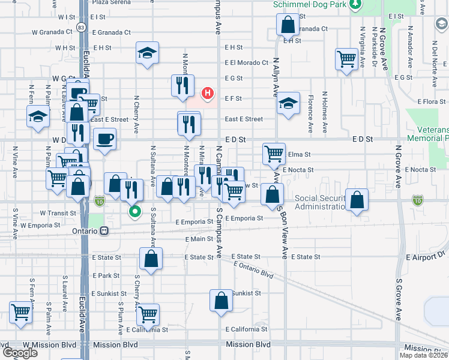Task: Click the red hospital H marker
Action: click(x=208, y=93)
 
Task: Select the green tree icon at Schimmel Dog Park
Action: click(x=356, y=5)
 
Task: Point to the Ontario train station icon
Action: click(x=104, y=230)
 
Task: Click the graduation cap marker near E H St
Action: click(x=146, y=53)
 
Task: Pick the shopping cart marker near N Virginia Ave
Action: click(x=347, y=59)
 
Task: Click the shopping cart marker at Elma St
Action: click(x=274, y=153)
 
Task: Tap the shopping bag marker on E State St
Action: click(x=151, y=258)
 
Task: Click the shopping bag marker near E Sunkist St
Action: click(x=221, y=300)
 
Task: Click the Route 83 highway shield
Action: click(x=81, y=28)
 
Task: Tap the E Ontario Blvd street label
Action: click(x=253, y=270)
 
